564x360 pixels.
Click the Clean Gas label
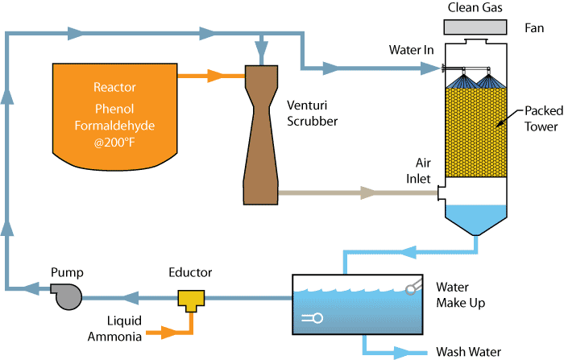(479, 7)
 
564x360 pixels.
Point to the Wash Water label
(468, 352)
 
